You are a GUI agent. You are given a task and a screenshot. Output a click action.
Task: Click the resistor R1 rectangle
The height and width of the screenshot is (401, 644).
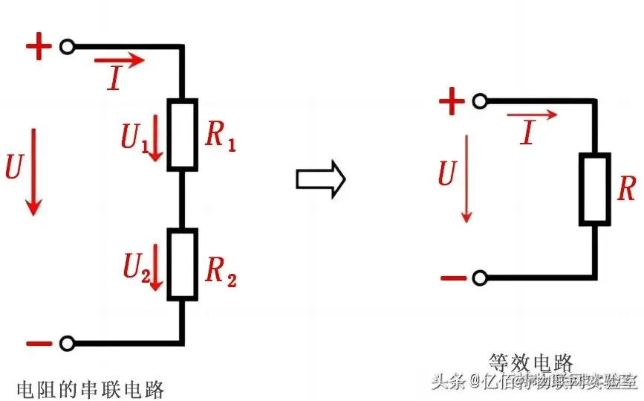[182, 134]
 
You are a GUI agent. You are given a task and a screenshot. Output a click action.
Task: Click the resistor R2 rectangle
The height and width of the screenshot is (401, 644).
[182, 264]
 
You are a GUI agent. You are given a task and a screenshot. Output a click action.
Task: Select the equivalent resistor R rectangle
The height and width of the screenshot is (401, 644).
[595, 189]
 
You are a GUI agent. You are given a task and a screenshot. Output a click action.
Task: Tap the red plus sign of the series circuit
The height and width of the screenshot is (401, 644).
[39, 48]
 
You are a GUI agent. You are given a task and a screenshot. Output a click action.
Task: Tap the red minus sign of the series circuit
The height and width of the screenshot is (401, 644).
[39, 344]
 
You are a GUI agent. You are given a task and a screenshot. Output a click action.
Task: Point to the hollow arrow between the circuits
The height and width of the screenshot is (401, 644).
[321, 179]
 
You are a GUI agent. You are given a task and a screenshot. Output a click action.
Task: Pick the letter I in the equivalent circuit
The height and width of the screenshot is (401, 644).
[527, 133]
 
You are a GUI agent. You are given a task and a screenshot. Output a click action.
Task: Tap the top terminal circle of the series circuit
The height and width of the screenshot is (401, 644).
[68, 47]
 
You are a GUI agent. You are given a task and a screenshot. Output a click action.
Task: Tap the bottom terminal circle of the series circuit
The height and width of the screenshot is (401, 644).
[68, 344]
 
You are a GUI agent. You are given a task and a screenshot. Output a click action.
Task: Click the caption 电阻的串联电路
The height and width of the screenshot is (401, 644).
[90, 388]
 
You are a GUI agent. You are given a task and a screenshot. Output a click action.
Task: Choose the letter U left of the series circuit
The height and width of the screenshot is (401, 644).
[13, 168]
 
